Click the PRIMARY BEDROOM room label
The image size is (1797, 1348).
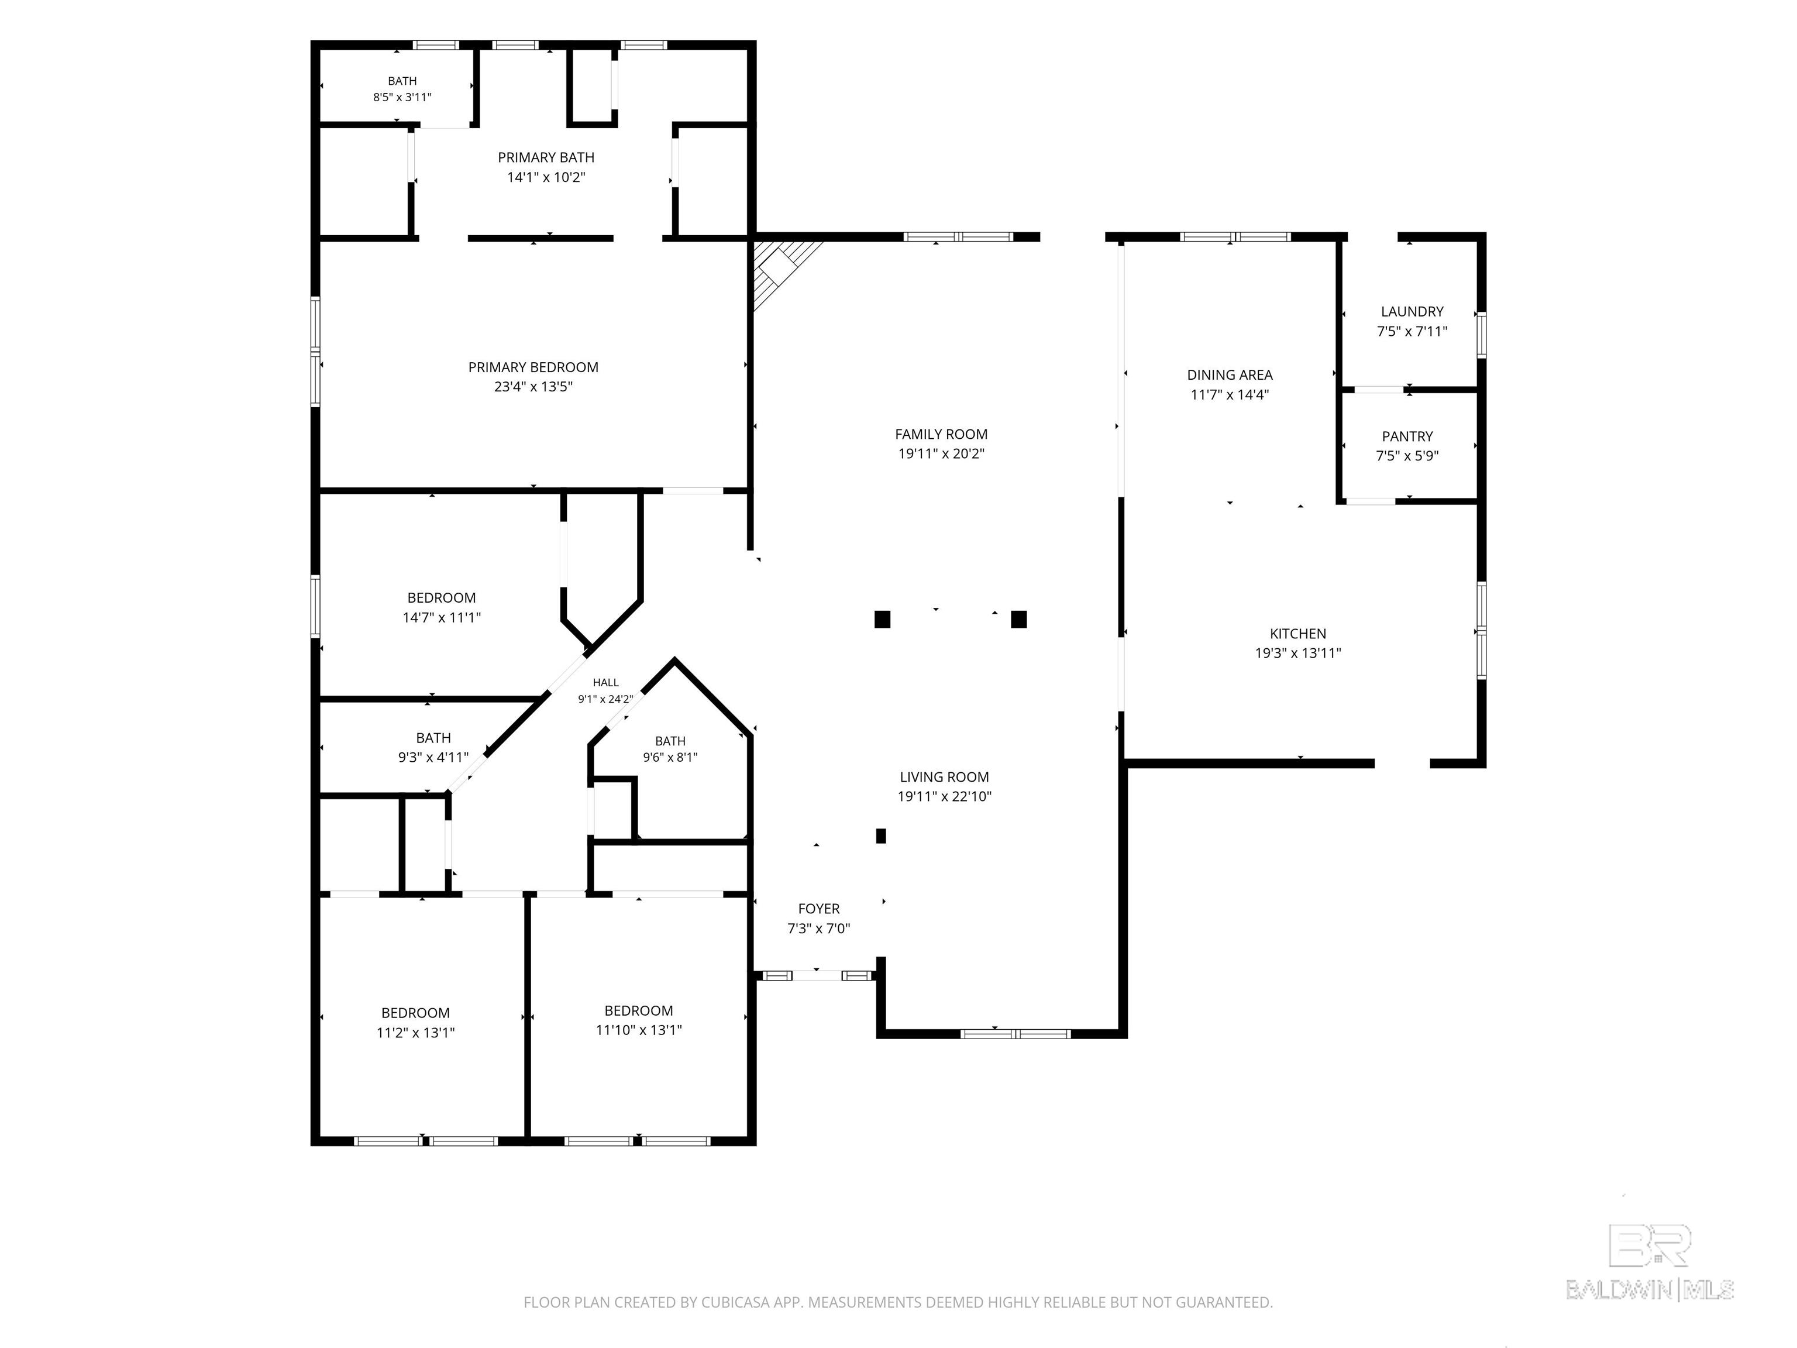click(x=533, y=367)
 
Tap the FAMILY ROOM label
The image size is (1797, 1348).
click(x=941, y=435)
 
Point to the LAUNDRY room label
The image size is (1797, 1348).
click(x=1412, y=312)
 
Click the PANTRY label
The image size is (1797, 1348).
click(x=1407, y=437)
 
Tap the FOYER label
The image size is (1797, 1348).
click(x=819, y=909)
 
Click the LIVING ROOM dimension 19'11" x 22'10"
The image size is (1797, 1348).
click(x=944, y=797)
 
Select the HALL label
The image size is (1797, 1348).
click(x=605, y=683)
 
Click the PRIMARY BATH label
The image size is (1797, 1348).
click(x=546, y=157)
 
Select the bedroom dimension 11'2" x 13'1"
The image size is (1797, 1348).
click(x=415, y=1033)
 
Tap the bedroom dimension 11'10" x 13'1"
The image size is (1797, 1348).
click(x=639, y=1030)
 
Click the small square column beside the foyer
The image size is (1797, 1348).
click(x=880, y=835)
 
